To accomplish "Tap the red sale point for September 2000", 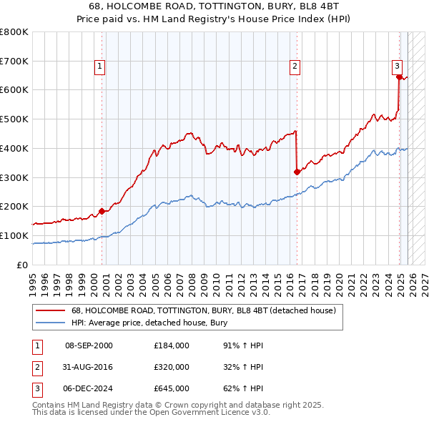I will [x=102, y=211].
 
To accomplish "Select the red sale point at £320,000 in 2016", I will [x=297, y=172].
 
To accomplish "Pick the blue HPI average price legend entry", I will [x=149, y=323].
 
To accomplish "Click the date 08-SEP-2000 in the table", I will [x=89, y=345].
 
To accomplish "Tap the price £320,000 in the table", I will [x=172, y=367].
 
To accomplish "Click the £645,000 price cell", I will [x=172, y=388].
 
